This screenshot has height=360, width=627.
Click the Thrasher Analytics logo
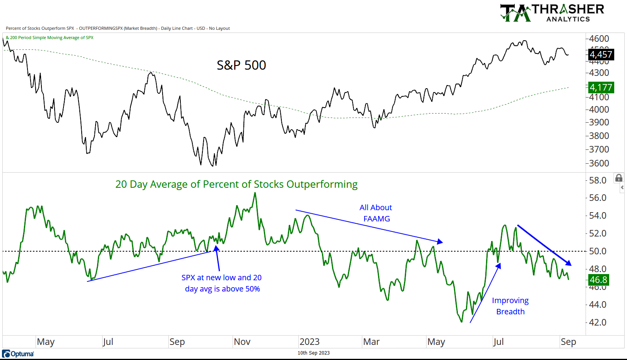click(552, 13)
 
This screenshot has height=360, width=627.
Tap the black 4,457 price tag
click(601, 55)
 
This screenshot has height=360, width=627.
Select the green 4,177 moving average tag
click(601, 87)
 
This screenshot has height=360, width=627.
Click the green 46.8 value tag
click(598, 279)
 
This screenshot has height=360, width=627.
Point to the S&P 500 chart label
click(241, 65)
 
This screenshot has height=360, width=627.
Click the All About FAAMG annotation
click(376, 213)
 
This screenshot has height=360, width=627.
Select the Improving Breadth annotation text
click(510, 306)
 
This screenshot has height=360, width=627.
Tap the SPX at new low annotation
click(222, 283)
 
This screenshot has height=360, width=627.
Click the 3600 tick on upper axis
click(599, 163)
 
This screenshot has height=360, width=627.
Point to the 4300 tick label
click(599, 73)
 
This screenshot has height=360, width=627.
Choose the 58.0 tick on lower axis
click(598, 180)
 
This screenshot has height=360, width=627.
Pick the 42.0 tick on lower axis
click(598, 322)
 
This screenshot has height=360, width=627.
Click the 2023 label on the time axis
click(309, 342)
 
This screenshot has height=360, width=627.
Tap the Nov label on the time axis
click(242, 342)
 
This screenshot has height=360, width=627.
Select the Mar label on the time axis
click(371, 342)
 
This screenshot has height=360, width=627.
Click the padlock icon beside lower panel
click(619, 178)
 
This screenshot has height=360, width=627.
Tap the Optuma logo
click(18, 354)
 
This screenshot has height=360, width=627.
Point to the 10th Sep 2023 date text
click(313, 353)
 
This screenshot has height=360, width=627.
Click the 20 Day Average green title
click(236, 184)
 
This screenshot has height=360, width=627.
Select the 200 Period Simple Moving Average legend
click(50, 38)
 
